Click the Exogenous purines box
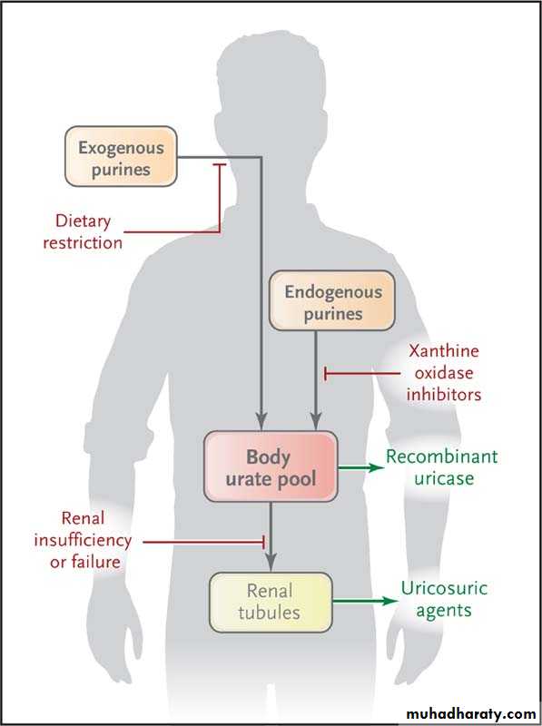click(121, 156)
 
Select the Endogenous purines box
click(332, 301)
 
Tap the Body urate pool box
click(271, 466)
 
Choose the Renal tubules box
click(271, 603)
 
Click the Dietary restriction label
click(83, 231)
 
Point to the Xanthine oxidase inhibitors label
click(443, 373)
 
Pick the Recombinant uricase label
click(442, 467)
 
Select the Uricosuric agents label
click(444, 599)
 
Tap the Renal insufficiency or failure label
click(83, 540)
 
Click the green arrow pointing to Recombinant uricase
click(361, 467)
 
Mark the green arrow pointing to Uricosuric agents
click(366, 602)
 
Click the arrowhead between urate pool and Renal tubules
click(271, 562)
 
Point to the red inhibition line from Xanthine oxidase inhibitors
click(362, 373)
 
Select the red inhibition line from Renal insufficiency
click(204, 541)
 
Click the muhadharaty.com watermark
click(470, 714)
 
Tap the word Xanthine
click(444, 351)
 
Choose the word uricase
click(444, 478)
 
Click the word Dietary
click(83, 221)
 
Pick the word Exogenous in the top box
click(121, 148)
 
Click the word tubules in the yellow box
click(269, 613)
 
